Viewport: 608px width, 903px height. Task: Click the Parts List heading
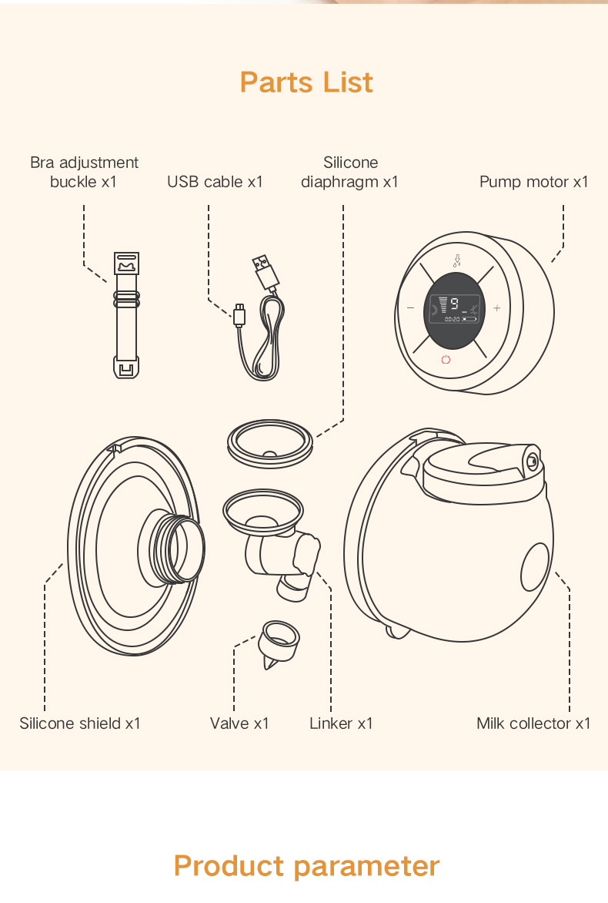[306, 82]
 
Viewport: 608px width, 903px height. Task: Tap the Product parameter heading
[306, 865]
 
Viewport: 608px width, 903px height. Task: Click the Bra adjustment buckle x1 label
[84, 172]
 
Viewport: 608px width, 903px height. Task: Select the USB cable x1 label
[215, 182]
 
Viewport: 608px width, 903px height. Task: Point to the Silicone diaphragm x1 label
[349, 172]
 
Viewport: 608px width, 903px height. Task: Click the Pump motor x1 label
[533, 182]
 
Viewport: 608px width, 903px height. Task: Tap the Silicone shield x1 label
[80, 723]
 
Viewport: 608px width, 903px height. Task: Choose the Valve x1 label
[239, 723]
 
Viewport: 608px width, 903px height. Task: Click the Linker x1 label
[341, 723]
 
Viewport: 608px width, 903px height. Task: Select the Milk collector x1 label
[533, 723]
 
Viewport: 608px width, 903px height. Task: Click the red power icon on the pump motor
[446, 359]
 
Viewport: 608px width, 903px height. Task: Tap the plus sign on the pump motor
[496, 308]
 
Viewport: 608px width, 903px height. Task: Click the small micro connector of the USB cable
[240, 314]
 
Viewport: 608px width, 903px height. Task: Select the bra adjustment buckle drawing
[126, 314]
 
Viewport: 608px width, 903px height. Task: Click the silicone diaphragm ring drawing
[270, 444]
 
